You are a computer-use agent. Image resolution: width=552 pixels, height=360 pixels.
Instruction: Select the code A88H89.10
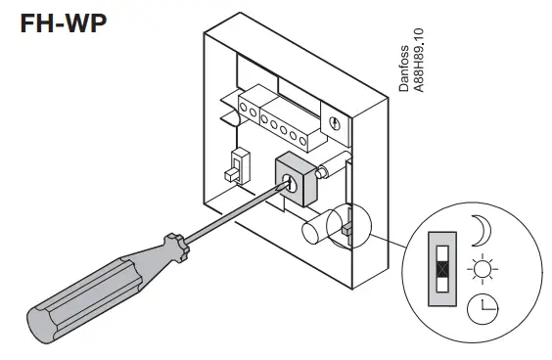418,61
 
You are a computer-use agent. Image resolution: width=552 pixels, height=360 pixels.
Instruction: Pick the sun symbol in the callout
482,268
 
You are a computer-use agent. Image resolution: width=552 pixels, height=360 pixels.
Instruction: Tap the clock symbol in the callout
482,308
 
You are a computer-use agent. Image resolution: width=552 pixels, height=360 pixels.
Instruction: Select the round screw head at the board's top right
337,123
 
